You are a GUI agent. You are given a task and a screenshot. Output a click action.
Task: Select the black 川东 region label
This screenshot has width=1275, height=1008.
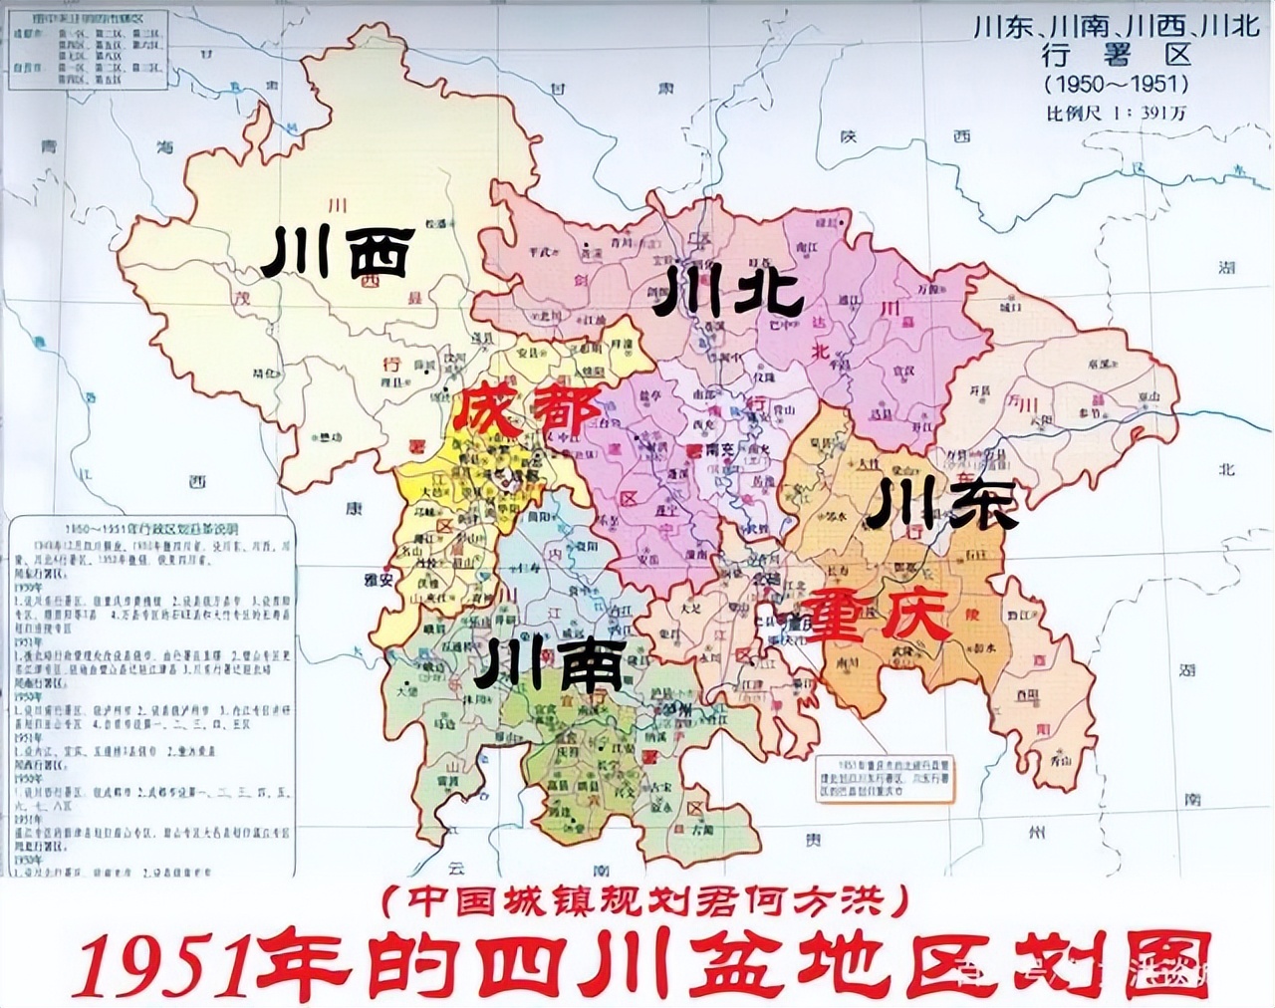coord(941,503)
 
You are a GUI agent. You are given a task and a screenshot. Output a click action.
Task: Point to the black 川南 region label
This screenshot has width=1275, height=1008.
coord(549,664)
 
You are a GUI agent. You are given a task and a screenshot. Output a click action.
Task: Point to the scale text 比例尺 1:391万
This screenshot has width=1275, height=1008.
coord(1116,113)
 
